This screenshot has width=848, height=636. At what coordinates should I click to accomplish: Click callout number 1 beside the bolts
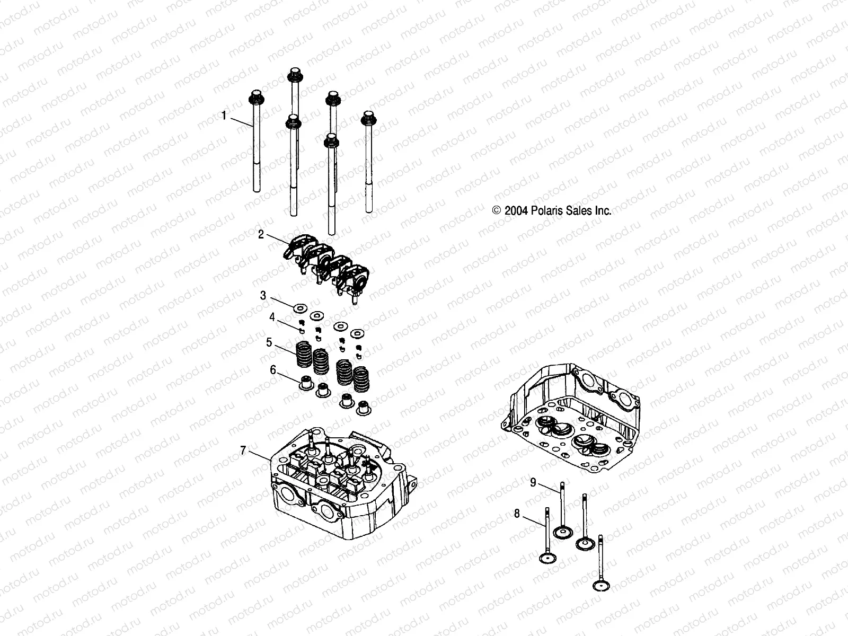tap(224, 115)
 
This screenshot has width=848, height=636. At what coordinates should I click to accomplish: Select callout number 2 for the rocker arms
tap(261, 234)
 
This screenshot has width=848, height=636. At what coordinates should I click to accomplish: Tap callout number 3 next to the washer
tap(263, 295)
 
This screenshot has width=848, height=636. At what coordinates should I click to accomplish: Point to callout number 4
tap(272, 317)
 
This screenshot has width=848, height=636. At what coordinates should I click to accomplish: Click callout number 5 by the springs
tap(269, 342)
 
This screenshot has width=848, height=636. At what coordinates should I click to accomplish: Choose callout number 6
tap(273, 370)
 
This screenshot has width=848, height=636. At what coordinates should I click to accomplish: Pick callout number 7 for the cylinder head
tap(243, 450)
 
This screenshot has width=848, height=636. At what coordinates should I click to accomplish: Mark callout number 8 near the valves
tap(516, 513)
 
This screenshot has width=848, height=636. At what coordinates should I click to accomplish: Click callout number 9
tap(533, 482)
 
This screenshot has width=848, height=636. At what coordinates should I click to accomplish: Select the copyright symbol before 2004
tap(497, 211)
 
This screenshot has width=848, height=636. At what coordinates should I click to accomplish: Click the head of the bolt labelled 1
tap(256, 97)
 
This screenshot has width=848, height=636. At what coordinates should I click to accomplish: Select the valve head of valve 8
tap(546, 558)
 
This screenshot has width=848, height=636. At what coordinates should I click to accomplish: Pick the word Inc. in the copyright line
tap(603, 211)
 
